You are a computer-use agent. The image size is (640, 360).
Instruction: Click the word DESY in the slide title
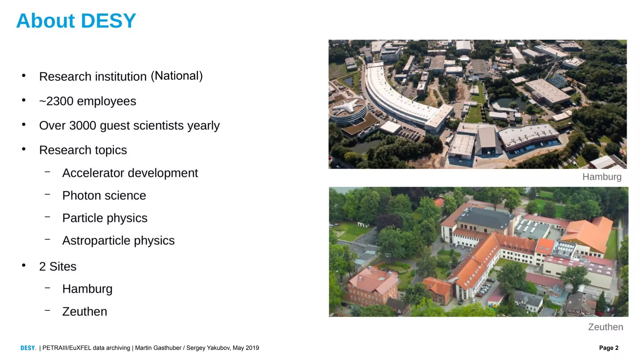tap(108, 21)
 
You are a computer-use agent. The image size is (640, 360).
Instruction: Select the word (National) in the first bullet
tap(177, 76)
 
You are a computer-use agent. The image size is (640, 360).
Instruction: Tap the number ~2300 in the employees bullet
tap(56, 101)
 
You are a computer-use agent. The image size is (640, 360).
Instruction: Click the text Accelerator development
tap(130, 173)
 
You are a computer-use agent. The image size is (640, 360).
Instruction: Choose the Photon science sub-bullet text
tap(104, 196)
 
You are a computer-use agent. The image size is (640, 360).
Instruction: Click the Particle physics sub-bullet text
tap(105, 218)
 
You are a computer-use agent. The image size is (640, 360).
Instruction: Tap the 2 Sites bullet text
tap(58, 267)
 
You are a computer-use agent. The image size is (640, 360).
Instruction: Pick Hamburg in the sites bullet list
tap(87, 289)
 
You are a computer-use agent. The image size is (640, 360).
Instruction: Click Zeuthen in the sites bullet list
tap(85, 312)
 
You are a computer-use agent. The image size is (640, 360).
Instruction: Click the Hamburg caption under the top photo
tap(602, 177)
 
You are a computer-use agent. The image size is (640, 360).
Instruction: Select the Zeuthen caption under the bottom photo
tap(605, 327)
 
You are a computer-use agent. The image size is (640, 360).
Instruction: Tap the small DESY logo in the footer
tap(28, 348)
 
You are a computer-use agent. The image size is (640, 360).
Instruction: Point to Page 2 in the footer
tap(608, 348)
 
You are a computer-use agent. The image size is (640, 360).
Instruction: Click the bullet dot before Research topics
tap(24, 149)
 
